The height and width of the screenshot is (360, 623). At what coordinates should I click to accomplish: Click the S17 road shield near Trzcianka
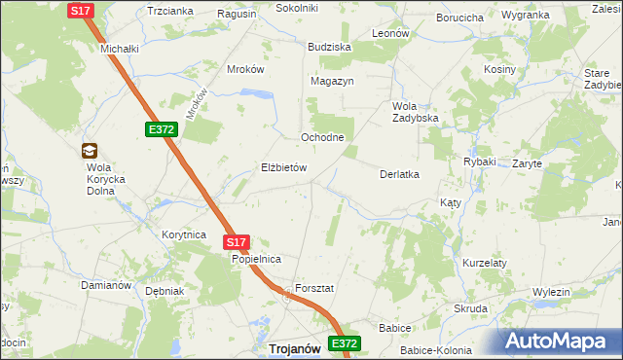coord(81,10)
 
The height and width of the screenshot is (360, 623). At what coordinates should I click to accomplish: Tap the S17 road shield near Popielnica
coord(237,242)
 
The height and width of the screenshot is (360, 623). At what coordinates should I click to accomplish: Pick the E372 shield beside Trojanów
coord(345,343)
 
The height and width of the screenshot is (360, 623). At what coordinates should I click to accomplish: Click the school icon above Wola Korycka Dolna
coord(89,151)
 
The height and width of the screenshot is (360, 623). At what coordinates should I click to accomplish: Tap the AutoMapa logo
coord(562,341)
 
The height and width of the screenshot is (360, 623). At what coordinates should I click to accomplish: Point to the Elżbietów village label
coord(284,167)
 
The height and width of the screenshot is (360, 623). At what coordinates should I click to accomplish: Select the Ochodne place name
coord(322,137)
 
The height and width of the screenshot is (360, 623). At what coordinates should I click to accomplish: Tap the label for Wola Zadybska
coord(416,112)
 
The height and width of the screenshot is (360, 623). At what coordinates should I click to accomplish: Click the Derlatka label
coord(398,174)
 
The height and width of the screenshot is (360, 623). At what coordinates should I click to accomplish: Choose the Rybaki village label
coord(480,162)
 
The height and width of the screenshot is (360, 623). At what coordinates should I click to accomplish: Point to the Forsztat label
coord(314,289)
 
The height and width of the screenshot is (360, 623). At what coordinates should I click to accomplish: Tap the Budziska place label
coord(328,47)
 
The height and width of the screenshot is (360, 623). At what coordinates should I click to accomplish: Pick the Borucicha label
coord(460,18)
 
